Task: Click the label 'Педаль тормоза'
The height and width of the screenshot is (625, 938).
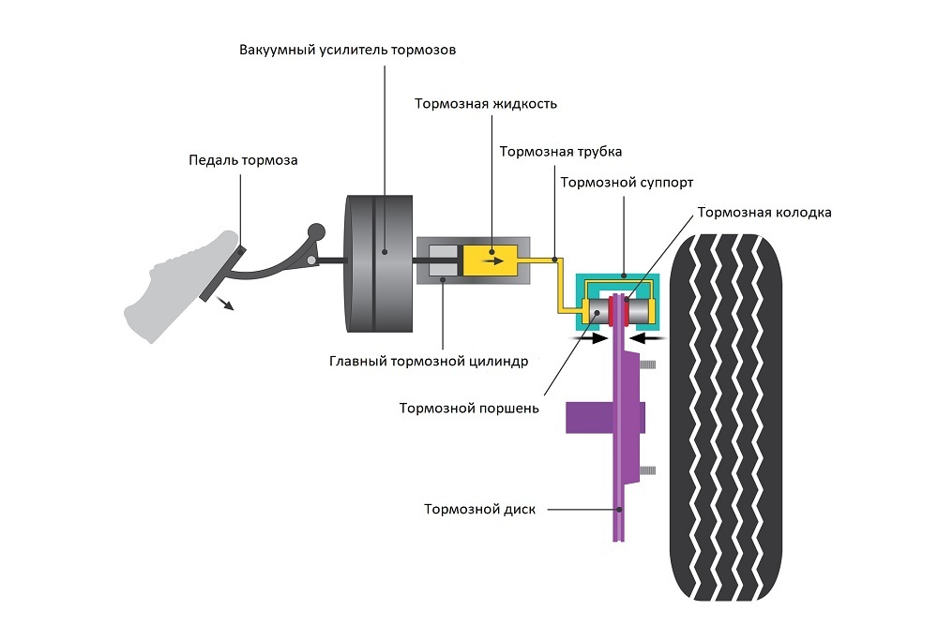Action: coord(243,160)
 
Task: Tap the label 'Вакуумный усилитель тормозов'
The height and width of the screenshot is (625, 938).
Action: coord(347,50)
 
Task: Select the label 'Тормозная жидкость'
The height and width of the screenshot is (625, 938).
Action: coord(486,104)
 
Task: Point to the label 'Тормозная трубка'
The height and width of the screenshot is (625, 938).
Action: coord(560,151)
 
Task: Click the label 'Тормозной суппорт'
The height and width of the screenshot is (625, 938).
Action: coord(627,182)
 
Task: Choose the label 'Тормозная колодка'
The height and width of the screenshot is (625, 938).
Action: coord(764,213)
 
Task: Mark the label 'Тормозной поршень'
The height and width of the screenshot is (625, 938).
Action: coord(468,408)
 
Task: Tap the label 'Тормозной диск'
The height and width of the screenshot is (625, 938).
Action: coord(479,510)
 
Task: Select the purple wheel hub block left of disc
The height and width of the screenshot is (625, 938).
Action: coord(589,418)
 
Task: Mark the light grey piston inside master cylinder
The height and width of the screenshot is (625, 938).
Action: coord(442,260)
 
